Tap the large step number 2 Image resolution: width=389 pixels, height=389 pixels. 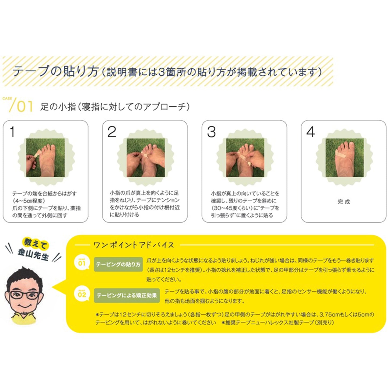112,132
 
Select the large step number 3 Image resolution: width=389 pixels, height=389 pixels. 211,132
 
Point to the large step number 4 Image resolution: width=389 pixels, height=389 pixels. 310,132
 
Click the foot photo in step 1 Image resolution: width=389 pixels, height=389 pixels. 45,157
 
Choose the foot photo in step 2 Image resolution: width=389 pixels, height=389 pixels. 146,157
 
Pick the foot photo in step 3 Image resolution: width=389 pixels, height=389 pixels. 245,157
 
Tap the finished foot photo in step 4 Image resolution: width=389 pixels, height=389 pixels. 345,157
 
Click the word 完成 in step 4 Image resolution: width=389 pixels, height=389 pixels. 344,201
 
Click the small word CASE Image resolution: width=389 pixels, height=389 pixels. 7,99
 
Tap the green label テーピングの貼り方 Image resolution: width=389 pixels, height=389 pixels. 118,264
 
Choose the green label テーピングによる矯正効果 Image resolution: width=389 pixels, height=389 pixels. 127,296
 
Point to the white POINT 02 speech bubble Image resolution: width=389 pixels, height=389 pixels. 82,294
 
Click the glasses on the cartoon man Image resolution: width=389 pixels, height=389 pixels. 24,295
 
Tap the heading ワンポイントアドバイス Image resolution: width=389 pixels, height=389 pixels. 134,245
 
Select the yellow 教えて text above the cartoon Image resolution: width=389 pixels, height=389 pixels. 36,243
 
